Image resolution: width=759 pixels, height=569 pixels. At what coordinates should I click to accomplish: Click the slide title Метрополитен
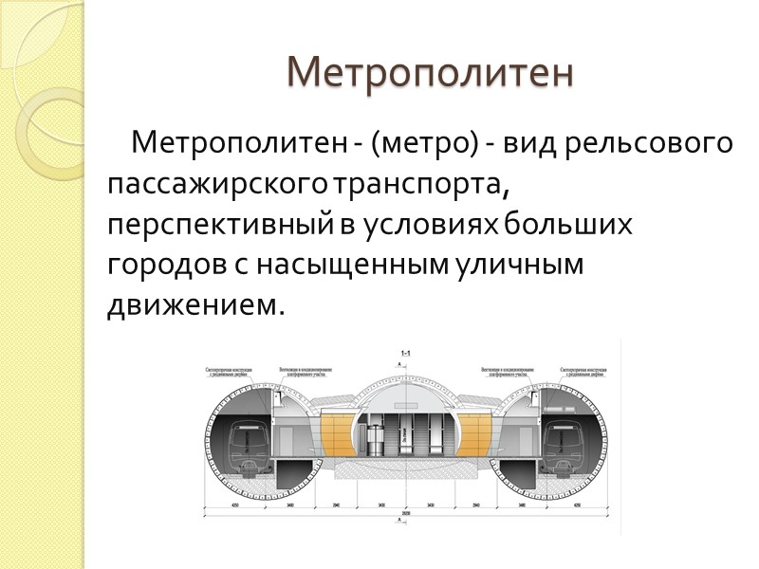pyautogui.click(x=431, y=72)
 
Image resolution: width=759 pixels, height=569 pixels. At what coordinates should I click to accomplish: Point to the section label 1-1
pyautogui.click(x=405, y=354)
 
